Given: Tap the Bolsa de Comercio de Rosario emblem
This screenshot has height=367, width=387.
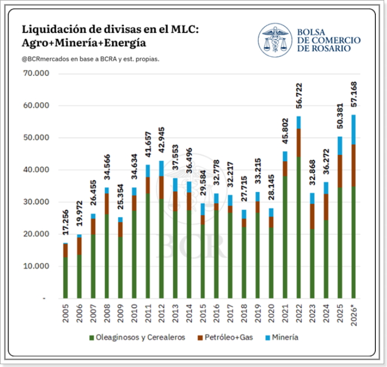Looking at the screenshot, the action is [x=275, y=40].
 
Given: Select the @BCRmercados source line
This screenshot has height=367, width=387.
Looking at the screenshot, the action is [x=90, y=59].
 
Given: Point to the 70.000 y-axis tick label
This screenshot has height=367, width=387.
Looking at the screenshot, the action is [x=36, y=73].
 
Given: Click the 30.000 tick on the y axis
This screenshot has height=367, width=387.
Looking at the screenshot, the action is [x=36, y=202].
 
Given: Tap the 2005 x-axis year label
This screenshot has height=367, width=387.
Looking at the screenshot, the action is [x=66, y=313].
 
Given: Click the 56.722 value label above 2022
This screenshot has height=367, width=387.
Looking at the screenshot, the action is [x=299, y=96].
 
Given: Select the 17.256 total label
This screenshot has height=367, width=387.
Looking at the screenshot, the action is [x=65, y=223].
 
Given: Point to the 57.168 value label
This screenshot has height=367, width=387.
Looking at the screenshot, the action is [x=354, y=94].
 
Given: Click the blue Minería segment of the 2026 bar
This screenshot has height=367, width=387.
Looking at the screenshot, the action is [x=354, y=129].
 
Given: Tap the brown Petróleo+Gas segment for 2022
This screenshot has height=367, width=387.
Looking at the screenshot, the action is [x=299, y=143].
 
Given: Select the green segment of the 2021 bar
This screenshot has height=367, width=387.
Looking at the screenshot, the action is [x=285, y=237].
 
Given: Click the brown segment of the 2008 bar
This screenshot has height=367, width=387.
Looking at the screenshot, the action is [x=107, y=204].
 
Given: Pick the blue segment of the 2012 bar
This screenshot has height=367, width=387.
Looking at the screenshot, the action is [x=161, y=168].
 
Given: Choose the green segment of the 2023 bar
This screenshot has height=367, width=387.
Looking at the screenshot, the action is [x=312, y=264].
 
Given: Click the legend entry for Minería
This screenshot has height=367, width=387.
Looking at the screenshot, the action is [x=282, y=337].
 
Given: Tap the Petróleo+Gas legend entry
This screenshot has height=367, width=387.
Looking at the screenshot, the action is [x=225, y=337].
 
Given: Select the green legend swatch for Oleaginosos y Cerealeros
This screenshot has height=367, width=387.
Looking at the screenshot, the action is [x=91, y=338].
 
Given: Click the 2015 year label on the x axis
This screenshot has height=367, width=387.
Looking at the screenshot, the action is [x=203, y=313].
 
